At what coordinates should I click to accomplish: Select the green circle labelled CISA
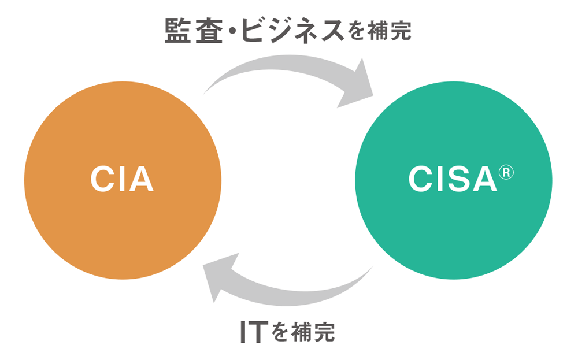pos(453,231)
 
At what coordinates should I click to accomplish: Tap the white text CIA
pos(122,180)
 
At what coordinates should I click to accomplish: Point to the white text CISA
pos(453,180)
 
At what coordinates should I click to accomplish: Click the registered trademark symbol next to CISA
pos(505,172)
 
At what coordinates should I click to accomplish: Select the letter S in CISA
pos(454,180)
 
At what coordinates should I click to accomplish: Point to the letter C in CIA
pos(103,180)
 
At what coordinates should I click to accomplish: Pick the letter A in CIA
pos(140,180)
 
